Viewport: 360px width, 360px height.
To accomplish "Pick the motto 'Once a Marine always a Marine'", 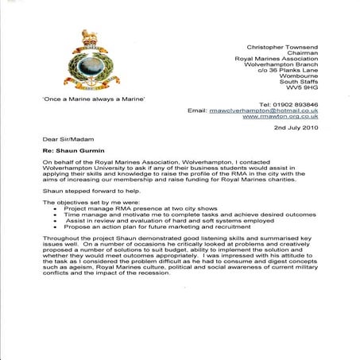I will pos(82,99).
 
